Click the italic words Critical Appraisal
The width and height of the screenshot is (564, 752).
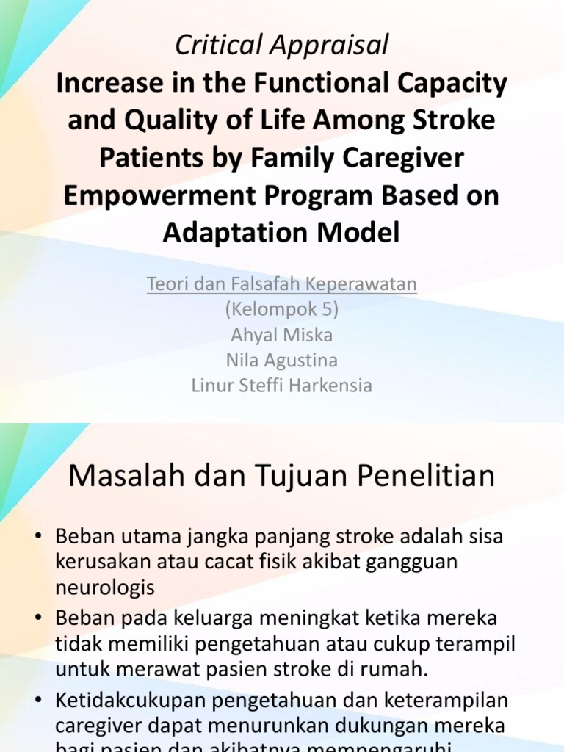(282, 46)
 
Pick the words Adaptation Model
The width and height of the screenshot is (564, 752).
(282, 233)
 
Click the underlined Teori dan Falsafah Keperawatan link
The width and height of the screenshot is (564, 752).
(282, 284)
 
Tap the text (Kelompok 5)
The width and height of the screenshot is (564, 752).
(282, 310)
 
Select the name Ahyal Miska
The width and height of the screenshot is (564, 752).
(282, 335)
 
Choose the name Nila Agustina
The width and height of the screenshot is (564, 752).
(282, 360)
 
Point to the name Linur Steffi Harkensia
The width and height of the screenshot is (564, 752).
(282, 385)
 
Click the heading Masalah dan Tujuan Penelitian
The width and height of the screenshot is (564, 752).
(282, 477)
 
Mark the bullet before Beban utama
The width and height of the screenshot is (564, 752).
(38, 537)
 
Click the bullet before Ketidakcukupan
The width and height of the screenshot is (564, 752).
(38, 701)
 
